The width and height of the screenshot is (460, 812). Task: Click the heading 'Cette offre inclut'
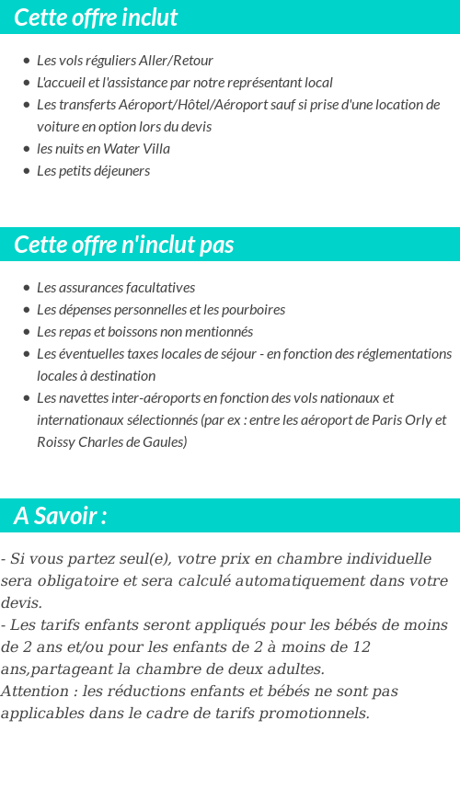[96, 17]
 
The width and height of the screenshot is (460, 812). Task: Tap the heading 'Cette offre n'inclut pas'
[124, 245]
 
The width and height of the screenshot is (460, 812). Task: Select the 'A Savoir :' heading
[60, 516]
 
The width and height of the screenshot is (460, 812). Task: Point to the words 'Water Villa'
[136, 149]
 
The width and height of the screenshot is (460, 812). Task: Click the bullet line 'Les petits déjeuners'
[93, 171]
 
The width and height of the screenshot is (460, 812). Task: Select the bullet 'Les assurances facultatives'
[116, 288]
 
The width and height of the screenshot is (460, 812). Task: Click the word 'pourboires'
[253, 310]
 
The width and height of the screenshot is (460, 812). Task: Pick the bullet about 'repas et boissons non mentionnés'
[144, 332]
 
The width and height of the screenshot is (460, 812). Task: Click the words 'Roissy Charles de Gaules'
[111, 442]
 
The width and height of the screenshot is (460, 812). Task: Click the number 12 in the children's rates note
[362, 646]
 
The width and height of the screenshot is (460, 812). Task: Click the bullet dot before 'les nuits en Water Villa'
[27, 149]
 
